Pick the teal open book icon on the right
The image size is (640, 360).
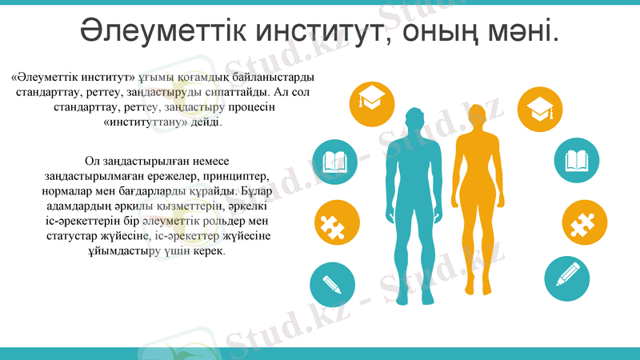pos(577,160)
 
